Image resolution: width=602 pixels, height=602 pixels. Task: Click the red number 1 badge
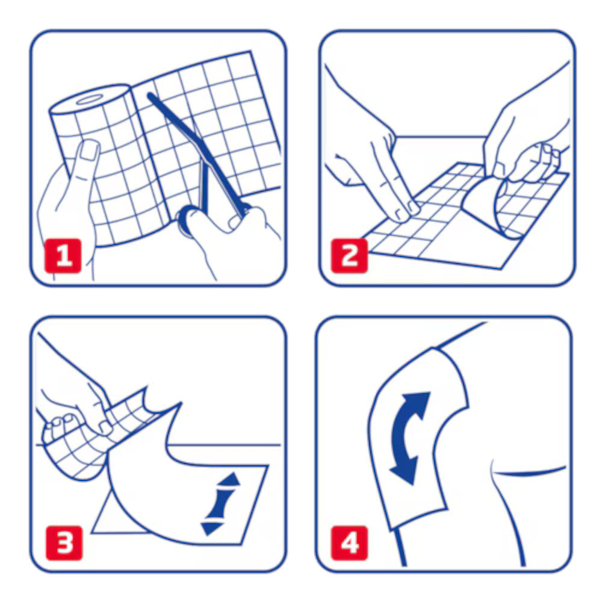(x=63, y=256)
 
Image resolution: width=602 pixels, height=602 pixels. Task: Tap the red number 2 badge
(x=349, y=256)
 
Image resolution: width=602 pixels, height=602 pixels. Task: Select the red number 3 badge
(x=64, y=543)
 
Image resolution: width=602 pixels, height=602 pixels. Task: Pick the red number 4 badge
(x=349, y=543)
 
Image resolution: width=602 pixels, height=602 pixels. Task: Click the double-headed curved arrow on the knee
(x=408, y=438)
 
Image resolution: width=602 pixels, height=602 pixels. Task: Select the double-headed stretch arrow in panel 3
(x=220, y=503)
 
